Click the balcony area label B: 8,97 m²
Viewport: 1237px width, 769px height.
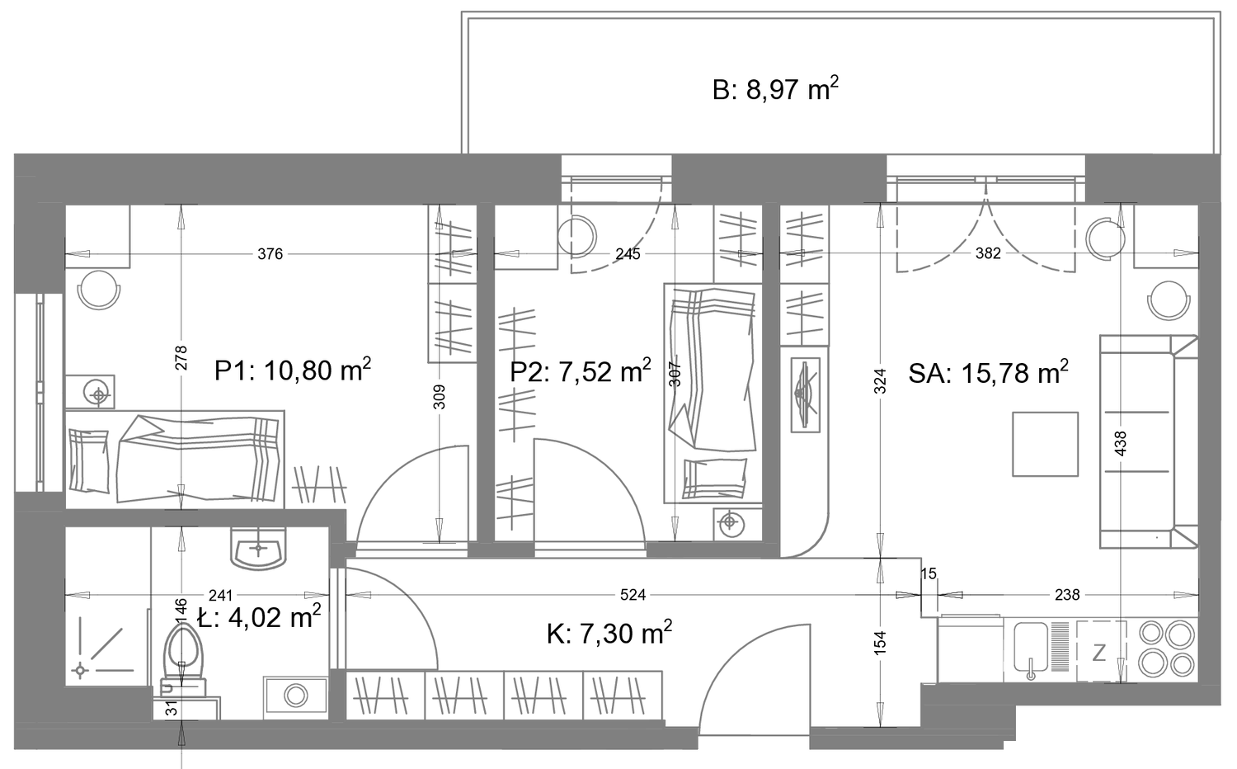tap(775, 89)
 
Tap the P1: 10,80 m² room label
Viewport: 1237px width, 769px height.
tap(293, 370)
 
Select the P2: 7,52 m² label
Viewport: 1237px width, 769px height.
tap(581, 370)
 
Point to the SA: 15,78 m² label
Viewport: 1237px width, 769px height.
tap(988, 373)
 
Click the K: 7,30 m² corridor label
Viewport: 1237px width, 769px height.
tap(609, 633)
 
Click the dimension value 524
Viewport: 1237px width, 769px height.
tap(633, 595)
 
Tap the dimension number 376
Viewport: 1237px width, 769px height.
tap(270, 254)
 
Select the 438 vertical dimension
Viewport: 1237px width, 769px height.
tap(1121, 444)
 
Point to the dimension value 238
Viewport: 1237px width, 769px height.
tap(1067, 595)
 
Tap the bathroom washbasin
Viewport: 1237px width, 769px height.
tap(258, 549)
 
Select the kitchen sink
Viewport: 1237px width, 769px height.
tap(1031, 649)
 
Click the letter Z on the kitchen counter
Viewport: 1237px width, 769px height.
tap(1099, 653)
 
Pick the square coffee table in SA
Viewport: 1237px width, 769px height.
tap(1045, 444)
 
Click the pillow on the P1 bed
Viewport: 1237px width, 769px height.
tap(89, 460)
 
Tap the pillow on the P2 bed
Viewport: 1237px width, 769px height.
tap(716, 479)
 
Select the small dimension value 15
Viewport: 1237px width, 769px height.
tap(929, 574)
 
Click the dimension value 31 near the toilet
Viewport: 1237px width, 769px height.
tap(172, 708)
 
